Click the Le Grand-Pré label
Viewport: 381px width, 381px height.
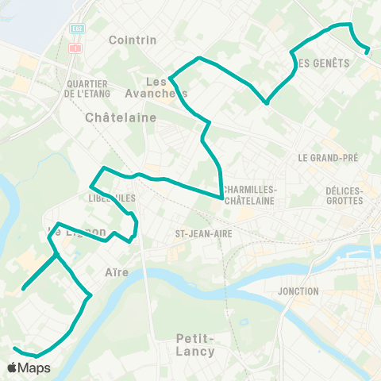pyautogui.click(x=328, y=158)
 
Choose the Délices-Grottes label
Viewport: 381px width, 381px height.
pyautogui.click(x=344, y=195)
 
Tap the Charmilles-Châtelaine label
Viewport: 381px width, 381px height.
pyautogui.click(x=250, y=195)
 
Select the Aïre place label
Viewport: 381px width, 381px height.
pyautogui.click(x=117, y=272)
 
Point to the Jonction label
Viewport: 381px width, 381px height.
pyautogui.click(x=298, y=291)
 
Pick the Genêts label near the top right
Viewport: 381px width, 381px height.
pyautogui.click(x=321, y=63)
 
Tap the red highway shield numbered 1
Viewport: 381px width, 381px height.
pyautogui.click(x=76, y=48)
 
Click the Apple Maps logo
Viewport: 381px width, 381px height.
pyautogui.click(x=29, y=368)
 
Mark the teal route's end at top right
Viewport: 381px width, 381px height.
pyautogui.click(x=368, y=52)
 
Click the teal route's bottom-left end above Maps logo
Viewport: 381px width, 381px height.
pyautogui.click(x=13, y=348)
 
